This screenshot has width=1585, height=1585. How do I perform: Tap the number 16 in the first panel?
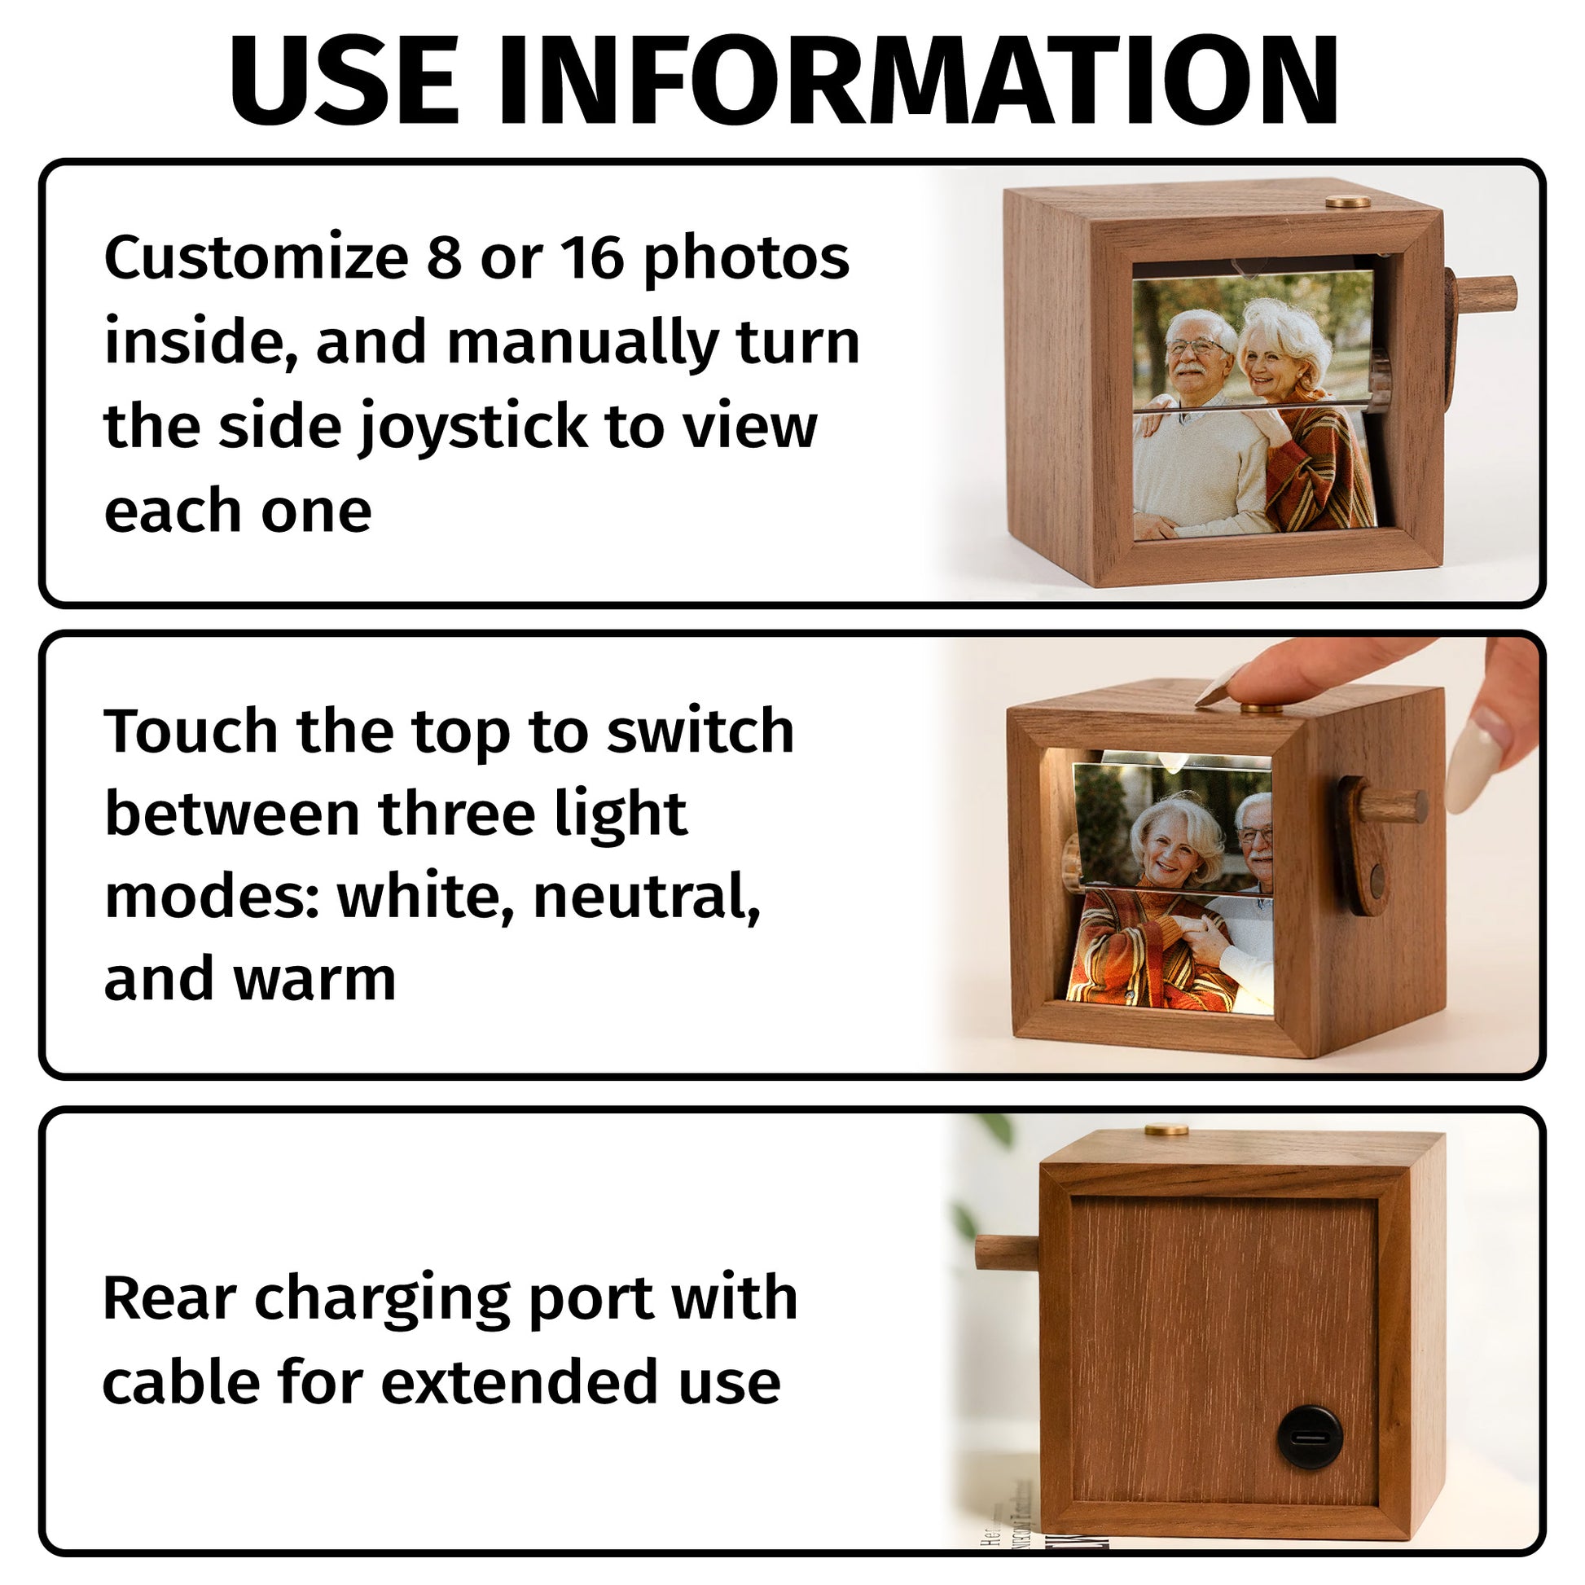point(593,257)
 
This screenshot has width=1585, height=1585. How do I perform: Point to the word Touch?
point(191,730)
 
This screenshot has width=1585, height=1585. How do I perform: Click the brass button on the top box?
point(1348,202)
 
